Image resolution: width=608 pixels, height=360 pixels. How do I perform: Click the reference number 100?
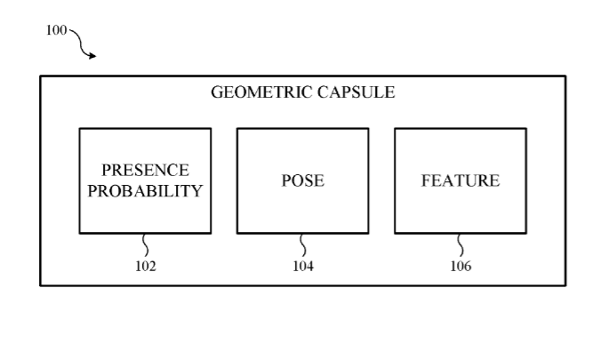[56, 30]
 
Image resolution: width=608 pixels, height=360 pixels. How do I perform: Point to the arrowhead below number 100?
[92, 56]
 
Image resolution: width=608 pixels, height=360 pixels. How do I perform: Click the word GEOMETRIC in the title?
[261, 92]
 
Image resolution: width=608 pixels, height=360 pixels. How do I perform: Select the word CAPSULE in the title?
[356, 92]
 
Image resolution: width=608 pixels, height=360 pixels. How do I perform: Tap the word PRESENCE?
[146, 171]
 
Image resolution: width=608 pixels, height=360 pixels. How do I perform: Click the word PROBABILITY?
[145, 191]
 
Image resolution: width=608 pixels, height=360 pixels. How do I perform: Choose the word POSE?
[303, 180]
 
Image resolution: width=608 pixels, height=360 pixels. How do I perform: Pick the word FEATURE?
[460, 180]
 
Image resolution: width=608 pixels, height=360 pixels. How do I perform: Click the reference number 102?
[146, 266]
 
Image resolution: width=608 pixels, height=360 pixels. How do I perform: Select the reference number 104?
[303, 266]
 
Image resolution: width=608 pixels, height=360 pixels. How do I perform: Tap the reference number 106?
[460, 266]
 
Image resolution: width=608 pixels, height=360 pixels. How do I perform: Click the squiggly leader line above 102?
[146, 245]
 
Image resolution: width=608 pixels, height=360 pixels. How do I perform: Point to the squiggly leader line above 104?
[303, 245]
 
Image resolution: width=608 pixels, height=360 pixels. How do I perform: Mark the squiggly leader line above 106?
[460, 245]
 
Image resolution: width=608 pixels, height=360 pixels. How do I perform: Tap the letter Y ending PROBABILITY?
[197, 191]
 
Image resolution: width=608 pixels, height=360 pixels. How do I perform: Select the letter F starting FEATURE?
[426, 180]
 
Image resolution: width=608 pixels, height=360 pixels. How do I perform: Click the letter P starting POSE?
[285, 180]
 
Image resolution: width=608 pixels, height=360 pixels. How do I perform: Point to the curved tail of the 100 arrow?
[80, 43]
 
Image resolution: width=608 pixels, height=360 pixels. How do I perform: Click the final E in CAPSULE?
[390, 92]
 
